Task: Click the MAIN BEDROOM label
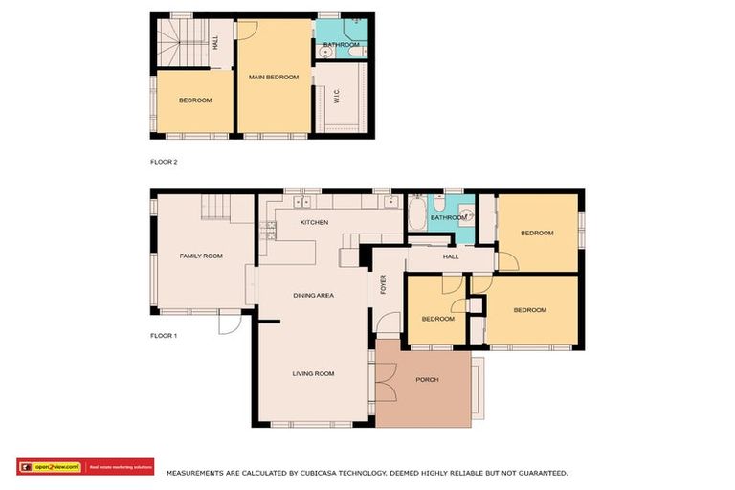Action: tap(275, 78)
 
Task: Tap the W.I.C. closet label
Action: tap(336, 97)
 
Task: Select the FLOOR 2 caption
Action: tap(165, 162)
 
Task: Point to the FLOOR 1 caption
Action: tap(165, 336)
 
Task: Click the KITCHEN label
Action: tap(314, 222)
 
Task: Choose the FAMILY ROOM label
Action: tap(201, 256)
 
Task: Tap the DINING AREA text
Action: tap(313, 296)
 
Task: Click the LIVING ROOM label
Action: tap(313, 373)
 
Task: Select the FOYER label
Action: tap(383, 284)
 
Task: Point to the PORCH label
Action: tap(427, 380)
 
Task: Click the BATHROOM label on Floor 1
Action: tap(448, 218)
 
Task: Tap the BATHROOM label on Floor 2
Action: tap(341, 45)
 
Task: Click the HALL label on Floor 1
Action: tap(451, 256)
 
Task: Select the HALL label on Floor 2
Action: tap(215, 43)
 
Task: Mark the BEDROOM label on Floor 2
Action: tap(195, 100)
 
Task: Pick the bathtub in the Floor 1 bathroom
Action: tap(418, 212)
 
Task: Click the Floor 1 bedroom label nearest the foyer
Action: tap(437, 319)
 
